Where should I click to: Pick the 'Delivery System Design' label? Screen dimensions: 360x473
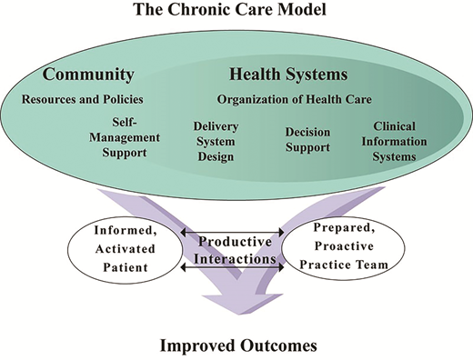pyautogui.click(x=215, y=143)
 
